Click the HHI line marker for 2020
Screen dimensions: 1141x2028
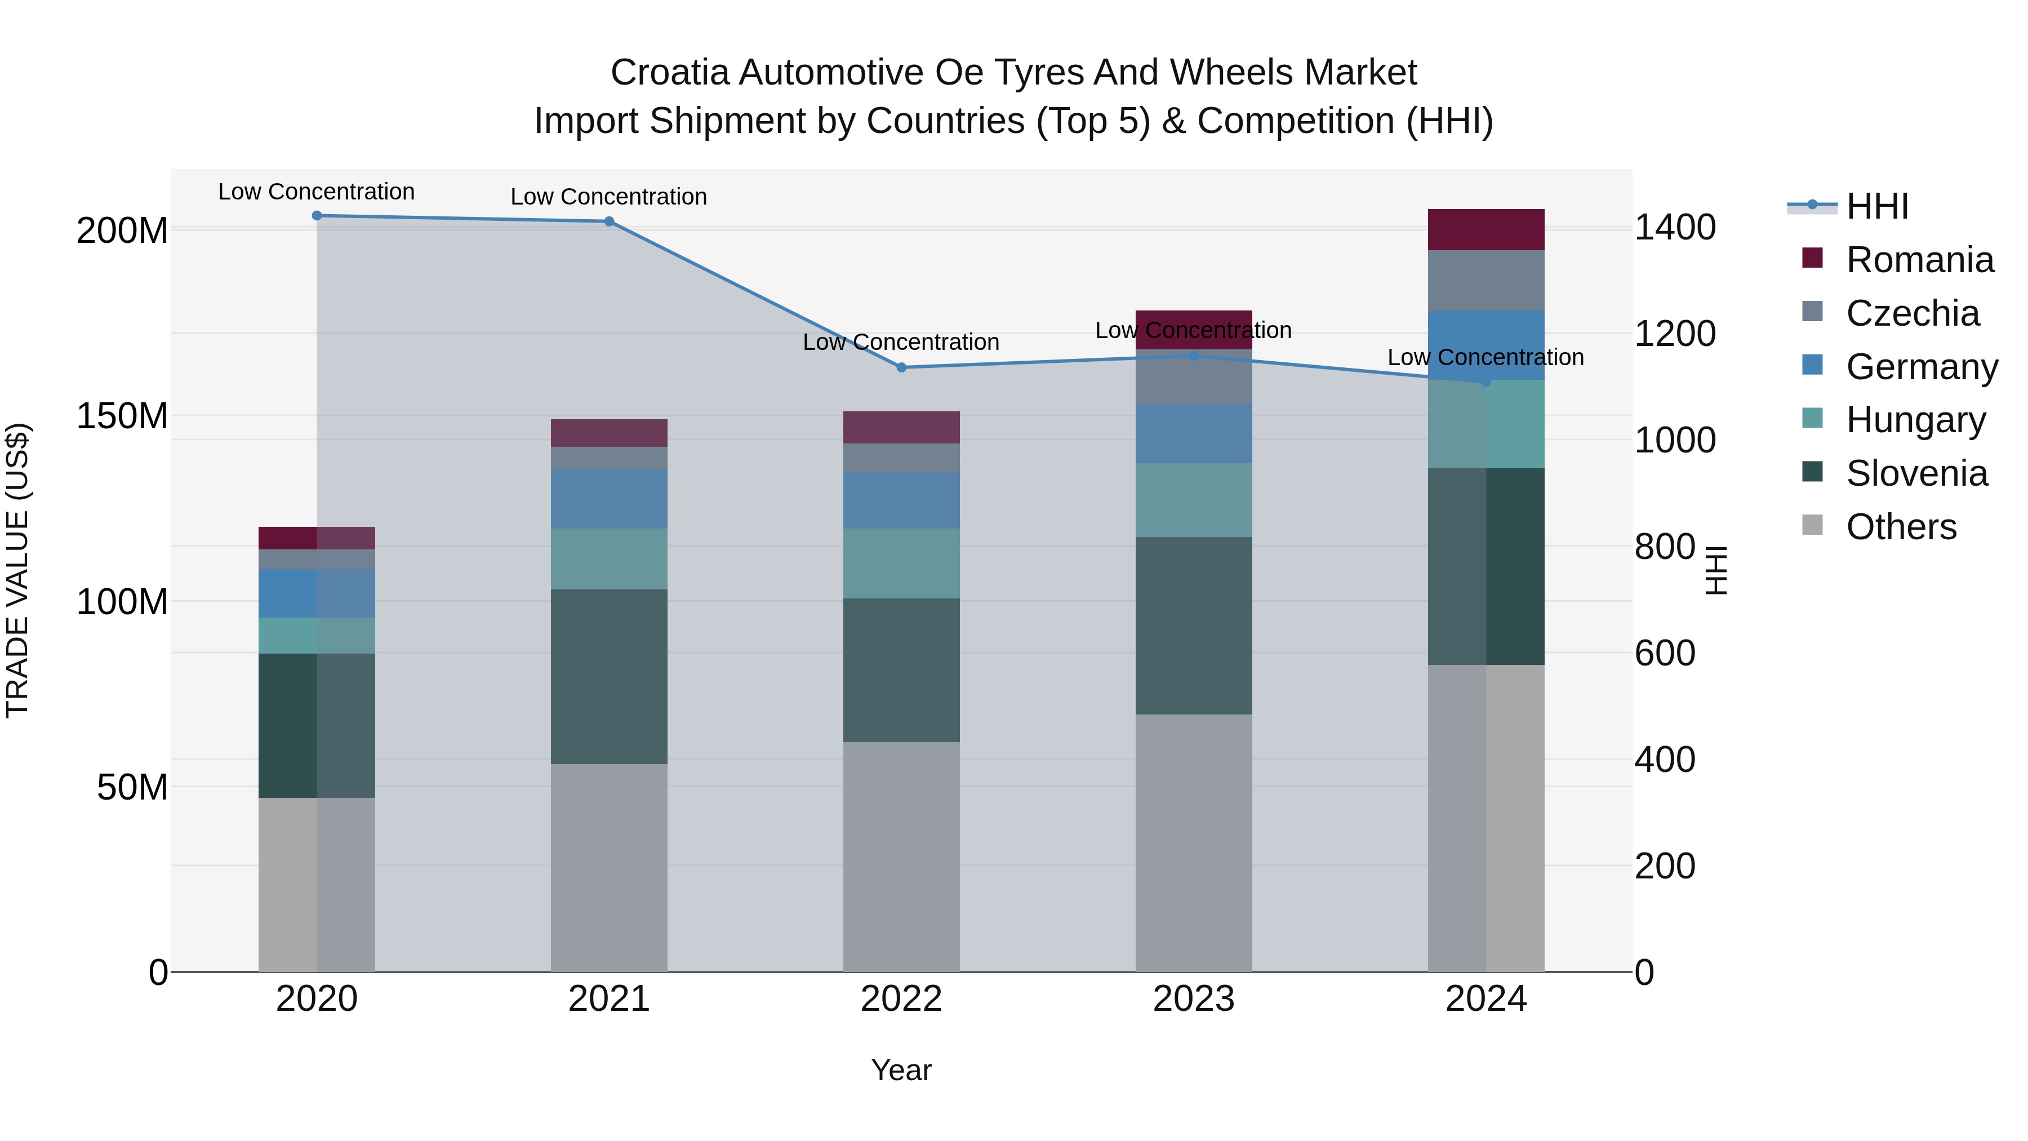click(x=317, y=215)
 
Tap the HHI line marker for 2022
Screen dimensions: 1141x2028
click(x=901, y=367)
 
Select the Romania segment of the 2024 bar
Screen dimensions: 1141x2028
click(x=1486, y=229)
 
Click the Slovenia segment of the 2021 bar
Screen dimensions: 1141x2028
click(x=608, y=676)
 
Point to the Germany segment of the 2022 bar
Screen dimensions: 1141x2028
click(x=901, y=499)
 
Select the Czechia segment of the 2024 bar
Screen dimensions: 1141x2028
click(x=1486, y=281)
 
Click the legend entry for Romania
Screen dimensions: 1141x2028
click(x=1919, y=260)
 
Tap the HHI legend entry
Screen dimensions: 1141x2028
click(x=1877, y=206)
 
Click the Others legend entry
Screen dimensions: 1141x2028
click(x=1901, y=527)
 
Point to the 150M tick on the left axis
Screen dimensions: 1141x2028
click(x=122, y=416)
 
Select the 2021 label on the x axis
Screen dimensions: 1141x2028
click(x=608, y=998)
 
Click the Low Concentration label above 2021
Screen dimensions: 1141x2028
click(x=608, y=196)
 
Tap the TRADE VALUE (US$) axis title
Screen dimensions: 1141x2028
click(x=17, y=570)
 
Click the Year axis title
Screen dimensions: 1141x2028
click(x=901, y=1070)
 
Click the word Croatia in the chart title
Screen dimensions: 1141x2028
click(x=669, y=73)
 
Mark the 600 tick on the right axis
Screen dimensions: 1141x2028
click(x=1664, y=653)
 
